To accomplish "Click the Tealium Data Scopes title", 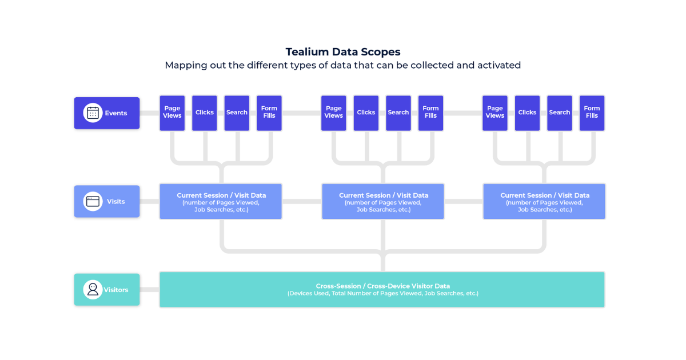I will [343, 52].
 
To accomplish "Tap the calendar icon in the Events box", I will [93, 113].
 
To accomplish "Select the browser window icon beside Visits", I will [93, 201].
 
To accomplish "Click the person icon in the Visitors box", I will [93, 290].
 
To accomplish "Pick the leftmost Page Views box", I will [172, 113].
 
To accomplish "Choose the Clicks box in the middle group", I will [366, 113].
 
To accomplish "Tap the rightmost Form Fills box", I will [592, 113].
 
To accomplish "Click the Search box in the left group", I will [237, 113].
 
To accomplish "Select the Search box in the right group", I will [560, 113].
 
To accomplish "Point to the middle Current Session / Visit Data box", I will [383, 201].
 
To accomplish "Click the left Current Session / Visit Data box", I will [221, 201].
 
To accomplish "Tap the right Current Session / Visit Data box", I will [544, 201].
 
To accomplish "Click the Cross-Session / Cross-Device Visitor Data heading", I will [382, 286].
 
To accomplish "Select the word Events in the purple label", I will [116, 113].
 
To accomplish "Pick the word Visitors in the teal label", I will [116, 290].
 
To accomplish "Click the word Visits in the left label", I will [115, 201].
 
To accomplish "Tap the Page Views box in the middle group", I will [334, 113].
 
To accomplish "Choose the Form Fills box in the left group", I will [269, 113].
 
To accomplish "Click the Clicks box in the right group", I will [527, 113].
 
